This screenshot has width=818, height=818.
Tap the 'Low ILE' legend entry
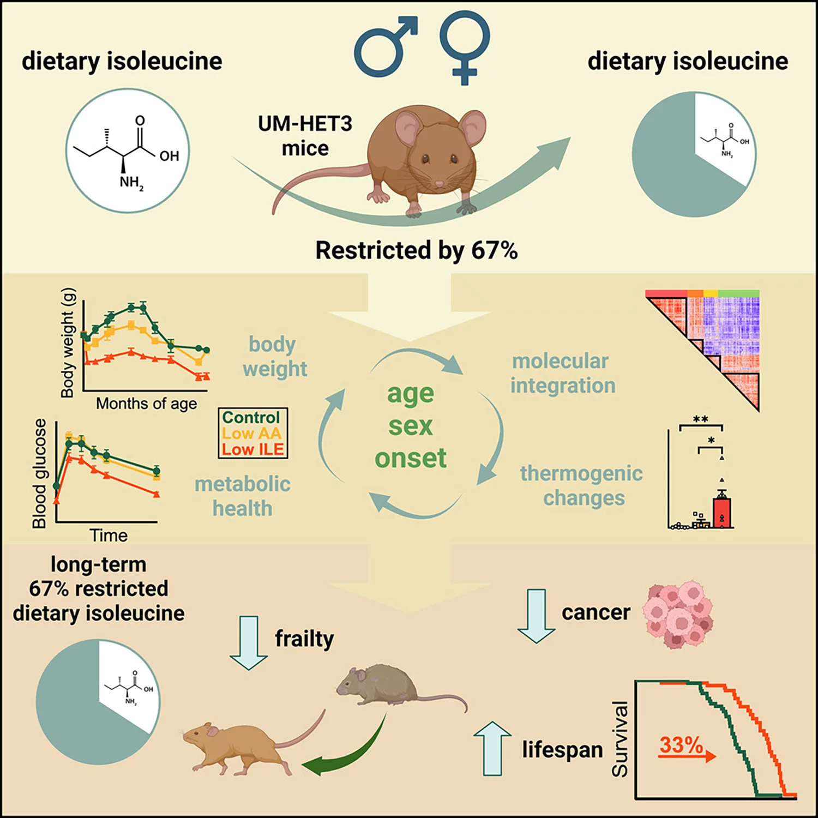(252, 449)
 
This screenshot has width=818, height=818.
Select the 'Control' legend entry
(251, 417)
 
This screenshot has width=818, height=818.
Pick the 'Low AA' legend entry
(251, 434)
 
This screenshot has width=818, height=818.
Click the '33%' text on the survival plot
(681, 745)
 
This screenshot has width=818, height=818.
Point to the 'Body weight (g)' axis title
(67, 343)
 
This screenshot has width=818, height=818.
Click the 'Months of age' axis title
(146, 404)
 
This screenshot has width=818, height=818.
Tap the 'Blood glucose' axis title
(39, 473)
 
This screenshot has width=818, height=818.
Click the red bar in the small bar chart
(721, 513)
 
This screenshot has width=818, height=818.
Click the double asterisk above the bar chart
(700, 419)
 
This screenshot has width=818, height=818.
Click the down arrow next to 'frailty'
(249, 642)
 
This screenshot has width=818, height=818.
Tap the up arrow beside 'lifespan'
(492, 748)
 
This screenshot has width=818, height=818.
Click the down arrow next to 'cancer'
(536, 615)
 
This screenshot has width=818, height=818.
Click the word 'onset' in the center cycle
(410, 458)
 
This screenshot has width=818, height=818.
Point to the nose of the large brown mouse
(439, 184)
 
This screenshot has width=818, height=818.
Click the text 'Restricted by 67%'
(416, 251)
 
